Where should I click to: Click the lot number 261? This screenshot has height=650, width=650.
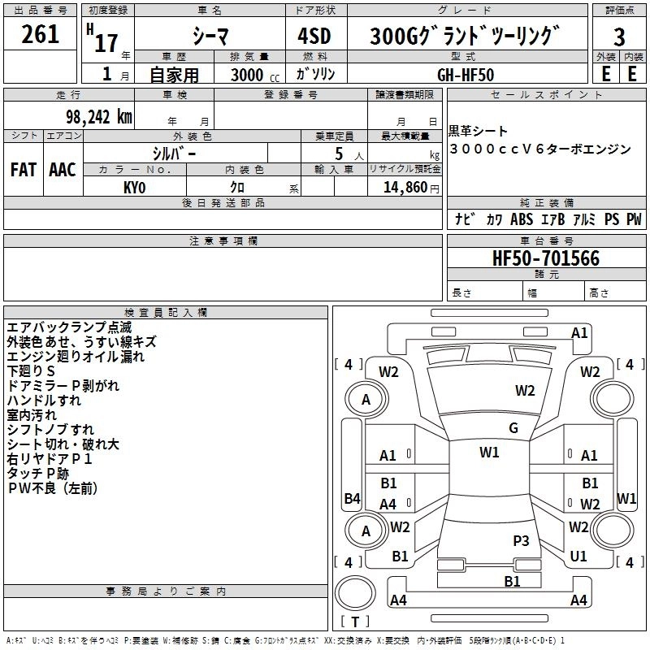pos(41,34)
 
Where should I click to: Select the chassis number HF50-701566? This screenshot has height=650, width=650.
pos(546,259)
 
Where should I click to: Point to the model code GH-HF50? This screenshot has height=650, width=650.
pos(466,74)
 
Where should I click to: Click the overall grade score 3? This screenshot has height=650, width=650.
pos(619,37)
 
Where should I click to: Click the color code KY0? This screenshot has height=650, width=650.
pos(134,187)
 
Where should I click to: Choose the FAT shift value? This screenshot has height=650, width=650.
pos(23,169)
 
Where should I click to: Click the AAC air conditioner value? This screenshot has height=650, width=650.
pos(62,169)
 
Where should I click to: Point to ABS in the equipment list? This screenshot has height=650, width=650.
pos(522,219)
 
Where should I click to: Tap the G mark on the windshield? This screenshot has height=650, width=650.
pos(513,428)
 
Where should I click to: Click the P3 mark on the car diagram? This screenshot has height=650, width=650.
pos(521,540)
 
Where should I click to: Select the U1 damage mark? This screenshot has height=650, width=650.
pos(578,557)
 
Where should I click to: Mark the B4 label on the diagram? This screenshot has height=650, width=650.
pos(352,498)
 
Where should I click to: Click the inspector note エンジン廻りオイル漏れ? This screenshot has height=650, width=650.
pos(76,357)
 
